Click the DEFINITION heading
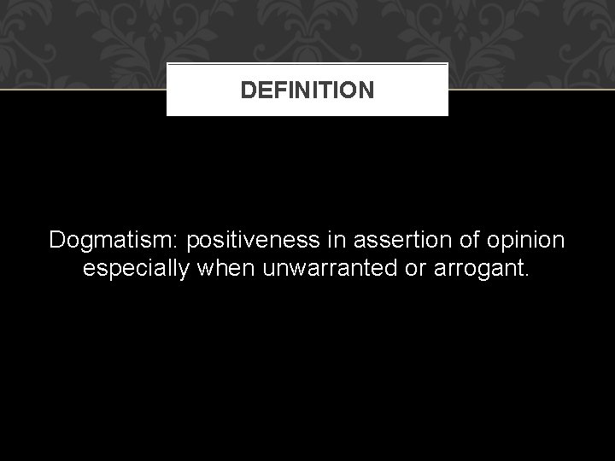pyautogui.click(x=307, y=90)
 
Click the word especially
pyautogui.click(x=138, y=270)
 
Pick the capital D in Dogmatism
pyautogui.click(x=58, y=241)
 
